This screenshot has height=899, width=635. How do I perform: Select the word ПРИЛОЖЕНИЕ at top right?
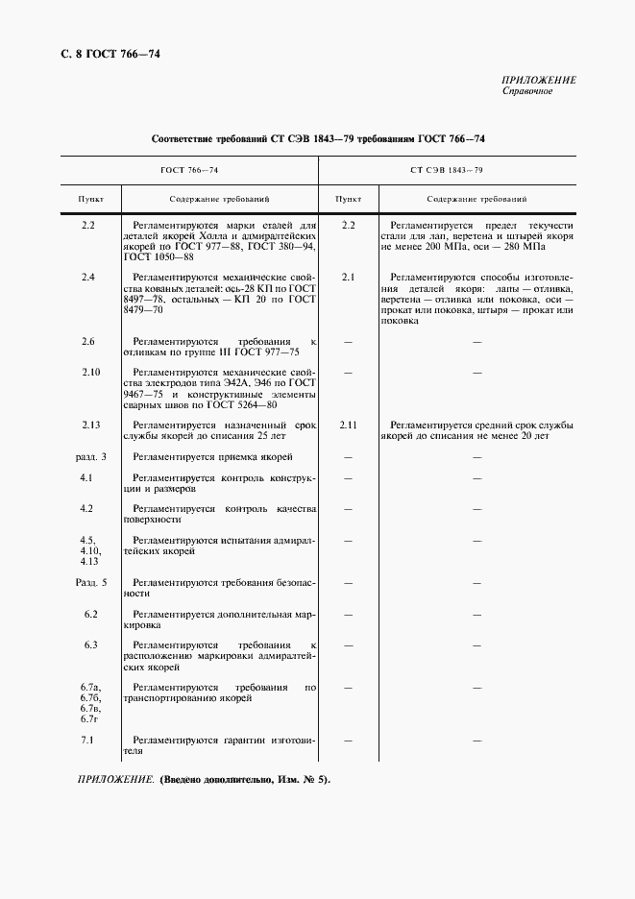[x=539, y=80]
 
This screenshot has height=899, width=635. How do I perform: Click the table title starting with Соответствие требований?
[x=318, y=140]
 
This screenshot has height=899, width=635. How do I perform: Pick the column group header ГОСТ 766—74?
[x=189, y=169]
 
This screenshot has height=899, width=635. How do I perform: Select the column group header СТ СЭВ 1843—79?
[x=446, y=169]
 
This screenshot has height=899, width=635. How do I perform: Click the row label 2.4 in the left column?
[x=87, y=278]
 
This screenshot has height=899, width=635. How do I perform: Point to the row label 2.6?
[x=87, y=341]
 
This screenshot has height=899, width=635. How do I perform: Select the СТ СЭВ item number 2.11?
[x=348, y=424]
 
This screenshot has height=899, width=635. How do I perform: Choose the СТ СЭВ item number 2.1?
[x=348, y=278]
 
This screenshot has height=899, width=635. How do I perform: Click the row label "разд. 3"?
[x=91, y=456]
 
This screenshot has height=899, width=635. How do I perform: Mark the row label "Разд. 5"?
[x=91, y=582]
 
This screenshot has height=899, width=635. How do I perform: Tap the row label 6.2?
[x=90, y=613]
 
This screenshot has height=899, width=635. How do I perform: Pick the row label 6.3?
[x=90, y=644]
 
